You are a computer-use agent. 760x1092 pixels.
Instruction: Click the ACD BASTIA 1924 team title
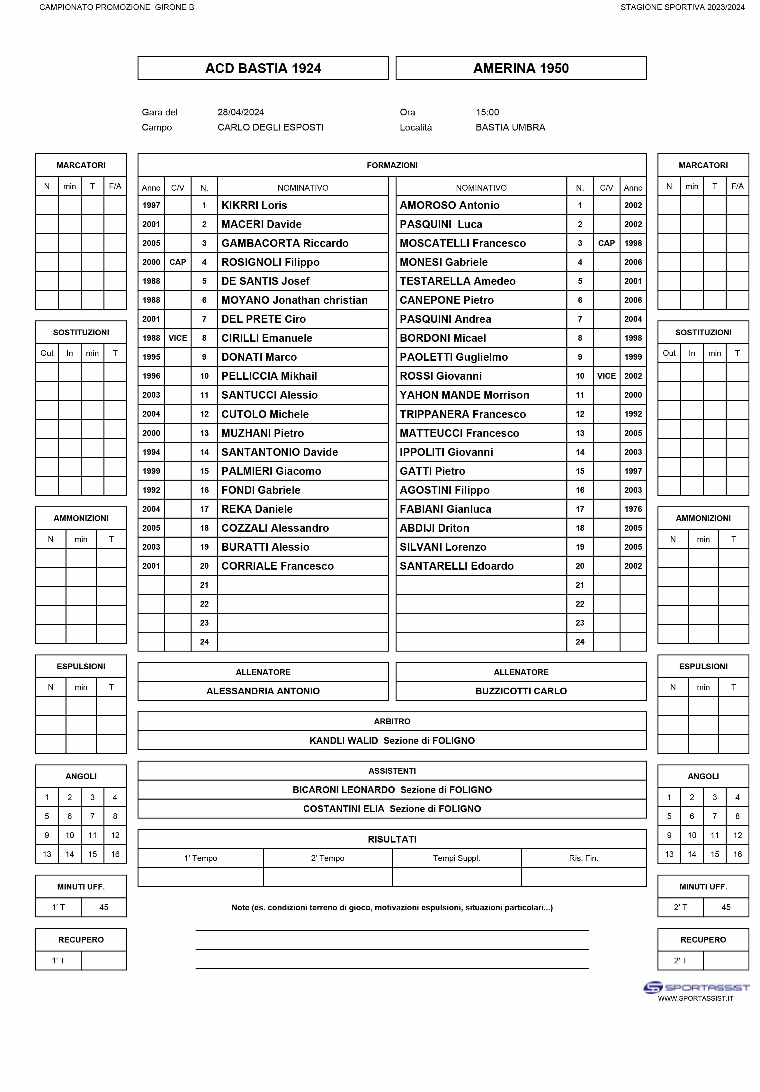tap(263, 68)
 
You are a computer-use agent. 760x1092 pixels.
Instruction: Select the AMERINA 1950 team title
tap(521, 68)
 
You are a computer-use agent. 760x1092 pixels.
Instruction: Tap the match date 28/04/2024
tap(241, 112)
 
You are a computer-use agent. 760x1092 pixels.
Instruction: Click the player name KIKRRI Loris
tap(254, 205)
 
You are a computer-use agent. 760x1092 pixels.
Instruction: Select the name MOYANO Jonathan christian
tap(294, 300)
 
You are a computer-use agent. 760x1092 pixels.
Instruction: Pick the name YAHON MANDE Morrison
tap(464, 395)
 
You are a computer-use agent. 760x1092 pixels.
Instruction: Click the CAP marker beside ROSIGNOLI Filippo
tap(177, 262)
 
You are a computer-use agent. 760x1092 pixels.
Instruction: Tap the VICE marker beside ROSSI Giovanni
tap(606, 376)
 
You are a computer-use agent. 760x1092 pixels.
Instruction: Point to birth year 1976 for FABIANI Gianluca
tap(632, 509)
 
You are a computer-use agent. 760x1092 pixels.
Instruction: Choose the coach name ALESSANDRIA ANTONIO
tap(263, 691)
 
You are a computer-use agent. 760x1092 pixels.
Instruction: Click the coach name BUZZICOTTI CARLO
tap(521, 691)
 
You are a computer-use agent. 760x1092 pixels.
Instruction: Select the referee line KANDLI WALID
tap(392, 741)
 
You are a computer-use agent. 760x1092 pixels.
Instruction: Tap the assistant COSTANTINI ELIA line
tap(392, 808)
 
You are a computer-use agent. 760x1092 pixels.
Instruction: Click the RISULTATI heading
tap(392, 839)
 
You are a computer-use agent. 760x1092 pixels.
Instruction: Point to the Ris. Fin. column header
tap(583, 858)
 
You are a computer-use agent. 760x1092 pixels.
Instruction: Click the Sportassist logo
tap(695, 988)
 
